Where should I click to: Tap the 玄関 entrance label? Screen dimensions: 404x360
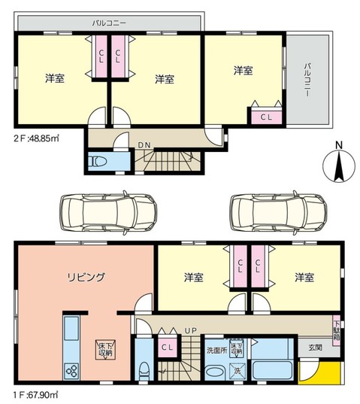click(x=315, y=348)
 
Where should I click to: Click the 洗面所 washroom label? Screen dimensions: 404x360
click(x=216, y=351)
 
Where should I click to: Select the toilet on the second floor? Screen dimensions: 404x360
click(x=98, y=162)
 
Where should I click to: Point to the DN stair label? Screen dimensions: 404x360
click(x=144, y=146)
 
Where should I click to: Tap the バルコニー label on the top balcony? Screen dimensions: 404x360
click(x=109, y=23)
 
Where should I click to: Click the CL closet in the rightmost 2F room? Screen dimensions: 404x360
click(x=266, y=117)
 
